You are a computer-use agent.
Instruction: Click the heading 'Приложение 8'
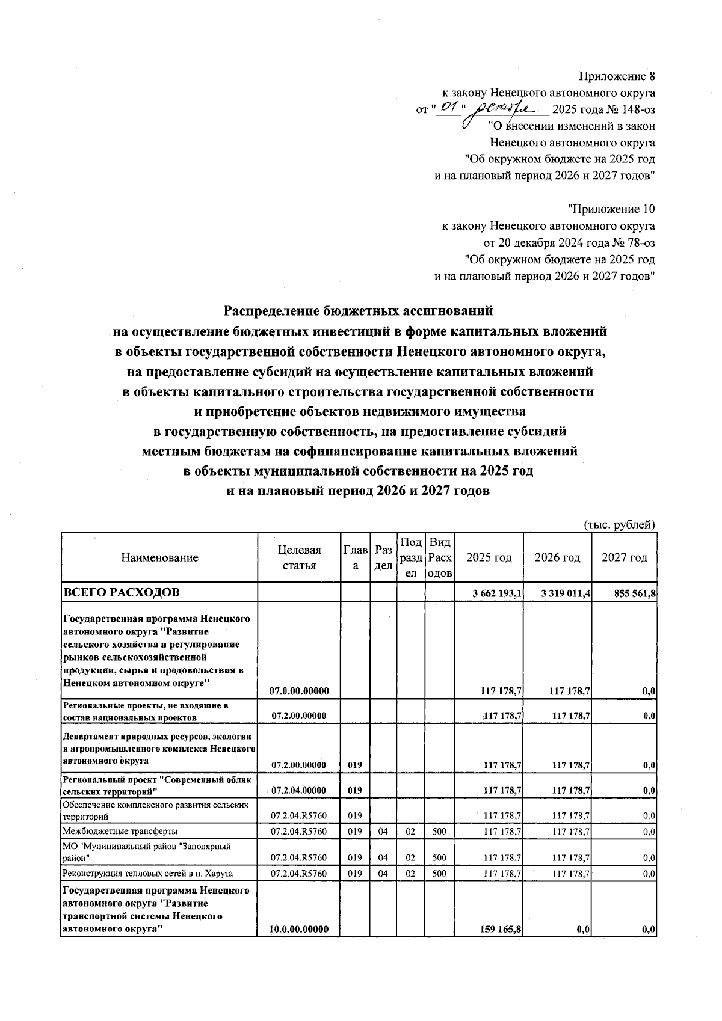click(x=617, y=76)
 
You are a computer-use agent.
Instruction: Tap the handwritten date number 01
click(x=449, y=109)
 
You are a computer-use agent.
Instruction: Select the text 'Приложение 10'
click(x=612, y=209)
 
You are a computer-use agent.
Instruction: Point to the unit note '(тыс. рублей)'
click(x=620, y=524)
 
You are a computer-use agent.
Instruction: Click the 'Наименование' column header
click(x=159, y=557)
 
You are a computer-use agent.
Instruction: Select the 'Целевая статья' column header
click(x=299, y=557)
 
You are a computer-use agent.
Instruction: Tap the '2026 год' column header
click(x=558, y=557)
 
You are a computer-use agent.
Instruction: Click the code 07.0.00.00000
click(x=299, y=691)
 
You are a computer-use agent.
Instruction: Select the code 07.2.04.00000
click(x=299, y=790)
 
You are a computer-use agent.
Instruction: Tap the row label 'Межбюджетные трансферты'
click(x=120, y=832)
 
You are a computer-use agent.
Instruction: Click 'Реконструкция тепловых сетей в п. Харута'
click(x=148, y=874)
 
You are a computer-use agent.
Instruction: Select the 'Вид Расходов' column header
click(x=439, y=557)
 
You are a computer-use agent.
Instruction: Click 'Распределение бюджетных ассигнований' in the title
click(x=359, y=311)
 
